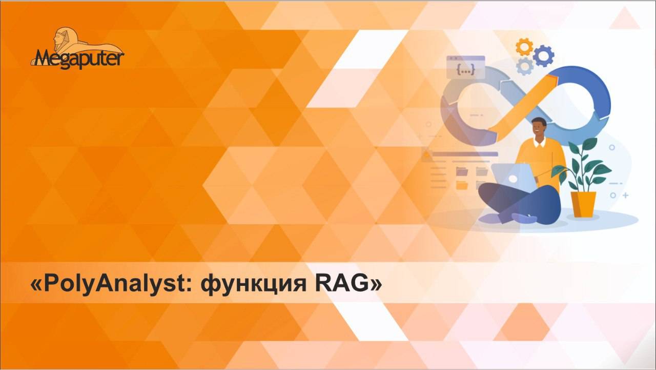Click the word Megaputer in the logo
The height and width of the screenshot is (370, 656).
78,57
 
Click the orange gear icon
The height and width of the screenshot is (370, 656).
524,47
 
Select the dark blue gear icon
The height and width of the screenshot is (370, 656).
543,55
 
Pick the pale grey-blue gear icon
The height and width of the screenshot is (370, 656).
524,66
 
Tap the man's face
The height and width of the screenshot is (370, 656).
538,129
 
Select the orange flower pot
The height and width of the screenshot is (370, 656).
584,204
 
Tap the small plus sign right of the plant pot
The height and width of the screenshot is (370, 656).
625,196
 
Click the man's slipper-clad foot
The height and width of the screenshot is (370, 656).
523,218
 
